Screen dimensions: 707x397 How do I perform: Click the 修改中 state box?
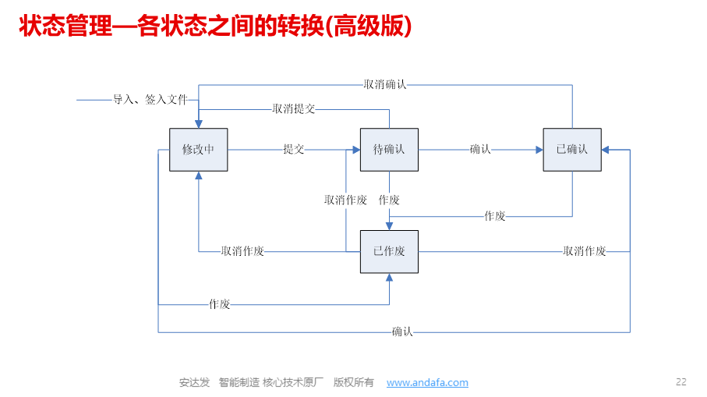tap(199, 150)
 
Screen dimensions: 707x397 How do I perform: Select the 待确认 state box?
tap(389, 150)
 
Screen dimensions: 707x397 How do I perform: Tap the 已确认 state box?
tap(572, 150)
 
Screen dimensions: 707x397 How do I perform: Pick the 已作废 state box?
tap(389, 252)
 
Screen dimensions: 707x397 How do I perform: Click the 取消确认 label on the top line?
tap(385, 84)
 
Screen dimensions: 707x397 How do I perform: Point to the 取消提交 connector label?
tap(294, 108)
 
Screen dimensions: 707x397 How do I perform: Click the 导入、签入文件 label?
tap(150, 99)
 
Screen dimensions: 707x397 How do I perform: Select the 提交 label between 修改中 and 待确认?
tap(294, 149)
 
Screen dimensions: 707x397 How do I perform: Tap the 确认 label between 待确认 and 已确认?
tap(480, 149)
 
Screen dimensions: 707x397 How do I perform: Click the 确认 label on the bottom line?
tap(402, 332)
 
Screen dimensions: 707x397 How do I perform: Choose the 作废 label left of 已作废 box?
tap(220, 304)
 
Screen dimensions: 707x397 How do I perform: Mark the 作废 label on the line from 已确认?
tap(495, 216)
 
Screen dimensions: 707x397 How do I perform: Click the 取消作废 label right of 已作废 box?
tap(585, 251)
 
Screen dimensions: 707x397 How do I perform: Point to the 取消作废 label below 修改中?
tap(242, 251)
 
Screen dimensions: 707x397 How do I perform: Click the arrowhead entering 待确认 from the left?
tap(356, 150)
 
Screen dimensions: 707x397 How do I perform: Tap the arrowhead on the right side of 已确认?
tap(606, 150)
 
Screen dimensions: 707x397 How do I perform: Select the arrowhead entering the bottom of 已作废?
tap(389, 278)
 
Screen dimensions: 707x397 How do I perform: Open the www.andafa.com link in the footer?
tap(427, 382)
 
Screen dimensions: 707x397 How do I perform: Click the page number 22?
tap(680, 381)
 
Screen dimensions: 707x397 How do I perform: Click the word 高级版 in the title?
tap(369, 26)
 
